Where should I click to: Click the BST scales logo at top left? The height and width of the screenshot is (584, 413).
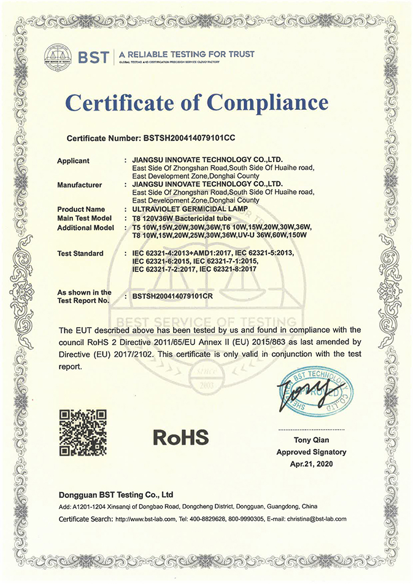(58, 55)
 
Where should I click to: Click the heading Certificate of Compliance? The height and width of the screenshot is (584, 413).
(196, 103)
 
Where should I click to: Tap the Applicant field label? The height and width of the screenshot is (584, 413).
(73, 161)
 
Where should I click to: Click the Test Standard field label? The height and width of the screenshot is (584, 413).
(80, 253)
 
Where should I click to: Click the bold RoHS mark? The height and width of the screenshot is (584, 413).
(180, 437)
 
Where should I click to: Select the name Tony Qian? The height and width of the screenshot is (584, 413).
(311, 440)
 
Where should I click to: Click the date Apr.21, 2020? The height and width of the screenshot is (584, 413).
(311, 464)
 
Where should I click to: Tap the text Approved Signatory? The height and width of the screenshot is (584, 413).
(311, 452)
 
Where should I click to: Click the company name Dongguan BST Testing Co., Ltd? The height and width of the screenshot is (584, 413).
(116, 494)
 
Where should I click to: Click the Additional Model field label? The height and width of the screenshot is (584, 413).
(85, 227)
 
